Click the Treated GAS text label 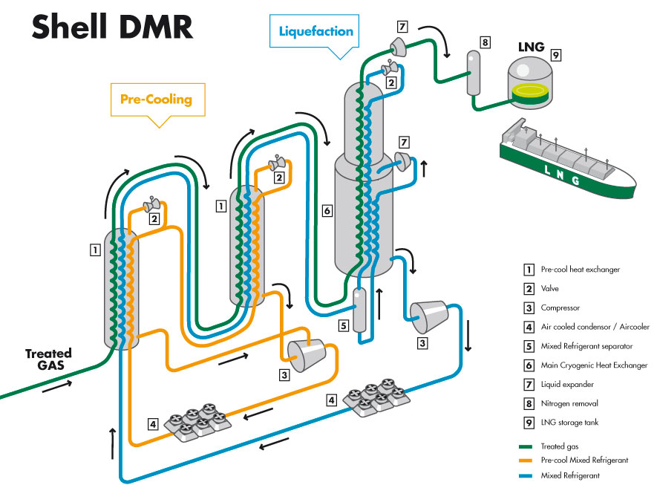click(48, 359)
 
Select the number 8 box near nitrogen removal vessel click(485, 42)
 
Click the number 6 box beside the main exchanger click(326, 211)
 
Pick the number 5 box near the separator click(342, 325)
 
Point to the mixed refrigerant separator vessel click(361, 310)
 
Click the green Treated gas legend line click(528, 446)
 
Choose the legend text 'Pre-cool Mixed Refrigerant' click(584, 460)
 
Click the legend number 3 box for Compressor click(529, 307)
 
